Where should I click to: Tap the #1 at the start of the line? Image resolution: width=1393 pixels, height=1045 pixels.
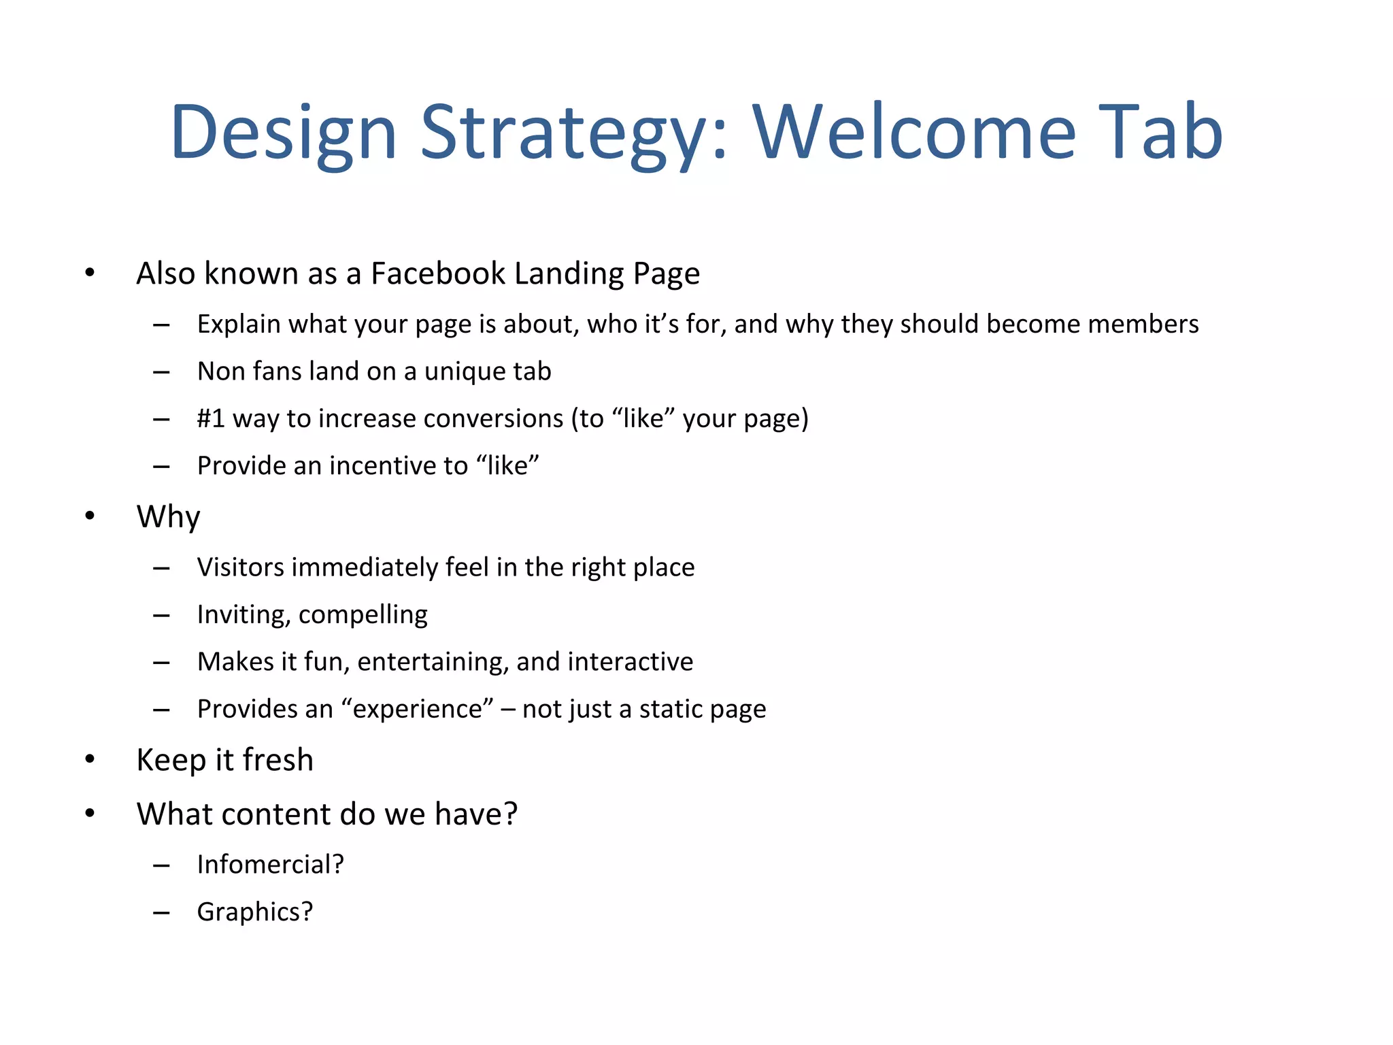tap(211, 418)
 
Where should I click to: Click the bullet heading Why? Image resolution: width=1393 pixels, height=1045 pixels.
tap(168, 517)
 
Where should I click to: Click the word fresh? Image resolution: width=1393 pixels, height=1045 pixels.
tap(278, 760)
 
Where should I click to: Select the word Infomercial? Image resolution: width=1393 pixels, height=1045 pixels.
tap(270, 865)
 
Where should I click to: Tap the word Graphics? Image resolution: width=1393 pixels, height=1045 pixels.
tap(254, 912)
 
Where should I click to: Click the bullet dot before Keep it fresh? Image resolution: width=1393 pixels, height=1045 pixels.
tap(90, 759)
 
